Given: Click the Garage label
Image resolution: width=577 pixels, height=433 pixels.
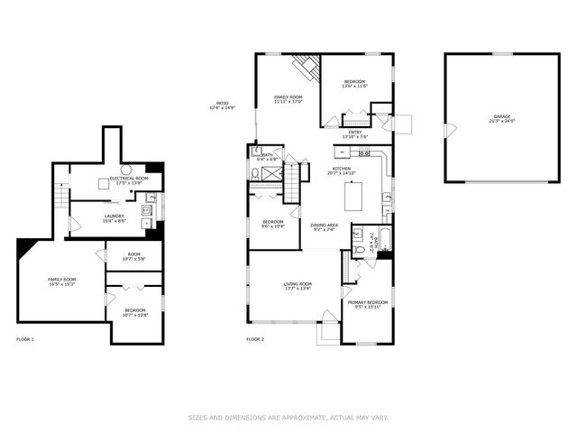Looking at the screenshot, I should point(501,120).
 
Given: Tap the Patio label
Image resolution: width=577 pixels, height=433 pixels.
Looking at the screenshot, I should point(222,105).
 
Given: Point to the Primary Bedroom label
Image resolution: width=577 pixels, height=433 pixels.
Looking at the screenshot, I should point(369,304).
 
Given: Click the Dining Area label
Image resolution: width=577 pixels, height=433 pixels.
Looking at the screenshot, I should point(323,226).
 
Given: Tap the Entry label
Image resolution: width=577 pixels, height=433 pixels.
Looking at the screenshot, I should point(354,135).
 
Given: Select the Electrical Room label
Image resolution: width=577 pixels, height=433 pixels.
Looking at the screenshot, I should point(128,180).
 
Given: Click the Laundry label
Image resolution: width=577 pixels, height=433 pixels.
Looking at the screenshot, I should point(114,217).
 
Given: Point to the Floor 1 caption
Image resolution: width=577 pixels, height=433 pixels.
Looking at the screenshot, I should point(25,339).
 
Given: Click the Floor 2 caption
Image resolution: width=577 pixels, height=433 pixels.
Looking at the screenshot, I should point(255,339).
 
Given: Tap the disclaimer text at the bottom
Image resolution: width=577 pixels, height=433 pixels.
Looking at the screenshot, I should point(288,418).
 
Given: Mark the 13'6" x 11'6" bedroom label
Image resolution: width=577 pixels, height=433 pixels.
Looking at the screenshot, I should point(356,85).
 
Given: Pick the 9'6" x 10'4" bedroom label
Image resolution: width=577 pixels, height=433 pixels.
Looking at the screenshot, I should point(273,224).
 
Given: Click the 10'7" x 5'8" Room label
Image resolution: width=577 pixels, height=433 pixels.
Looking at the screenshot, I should point(133,257).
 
